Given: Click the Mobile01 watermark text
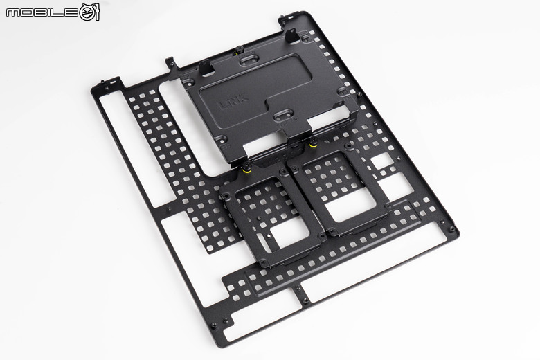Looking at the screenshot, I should tap(42, 12).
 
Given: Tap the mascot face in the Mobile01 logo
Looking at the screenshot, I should tap(90, 12).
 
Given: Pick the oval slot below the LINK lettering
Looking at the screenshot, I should tap(286, 114).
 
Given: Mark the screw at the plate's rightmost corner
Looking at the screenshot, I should tap(453, 229).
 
